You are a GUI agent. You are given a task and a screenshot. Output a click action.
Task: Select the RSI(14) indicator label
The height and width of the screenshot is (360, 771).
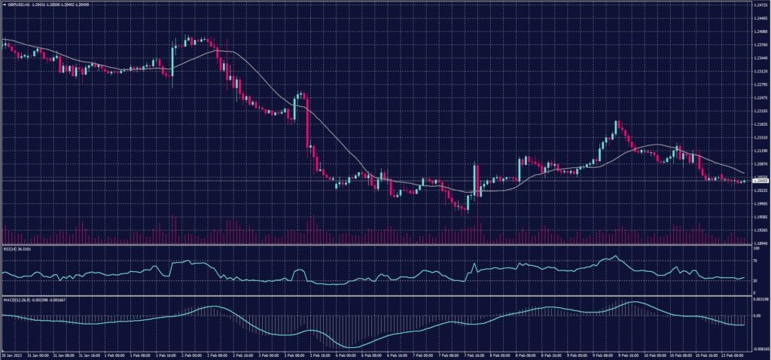(x=17, y=247)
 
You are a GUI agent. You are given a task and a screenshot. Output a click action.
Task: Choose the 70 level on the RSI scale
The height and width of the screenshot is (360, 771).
(x=755, y=260)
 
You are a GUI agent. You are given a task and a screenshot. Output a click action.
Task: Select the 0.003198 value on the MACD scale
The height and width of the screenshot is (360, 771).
(x=760, y=300)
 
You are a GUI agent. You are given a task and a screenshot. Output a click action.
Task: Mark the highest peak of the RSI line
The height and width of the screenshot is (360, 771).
(x=616, y=257)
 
